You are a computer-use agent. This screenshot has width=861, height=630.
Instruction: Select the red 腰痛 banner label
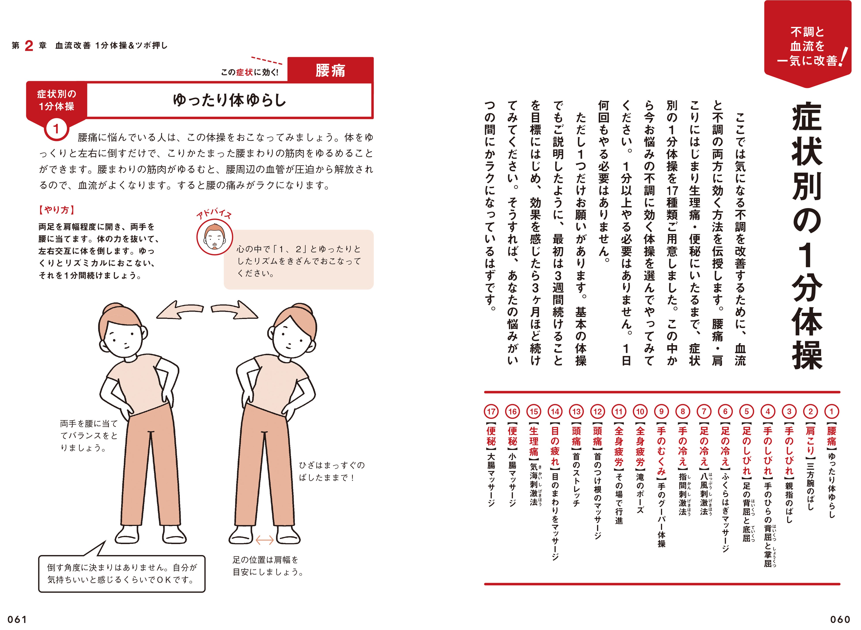pos(330,70)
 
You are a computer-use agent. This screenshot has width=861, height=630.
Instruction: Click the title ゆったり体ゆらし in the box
pos(229,100)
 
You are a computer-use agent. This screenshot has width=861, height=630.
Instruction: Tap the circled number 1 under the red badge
pos(56,129)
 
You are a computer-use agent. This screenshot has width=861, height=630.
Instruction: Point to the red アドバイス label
pos(214,215)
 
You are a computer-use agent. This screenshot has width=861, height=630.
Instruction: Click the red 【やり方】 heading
pos(57,210)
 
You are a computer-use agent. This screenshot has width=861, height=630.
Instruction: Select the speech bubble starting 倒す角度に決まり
pos(122,573)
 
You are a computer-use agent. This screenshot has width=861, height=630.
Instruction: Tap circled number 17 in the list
pos(491,412)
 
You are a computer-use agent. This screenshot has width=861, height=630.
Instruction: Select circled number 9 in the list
pos(661,412)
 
